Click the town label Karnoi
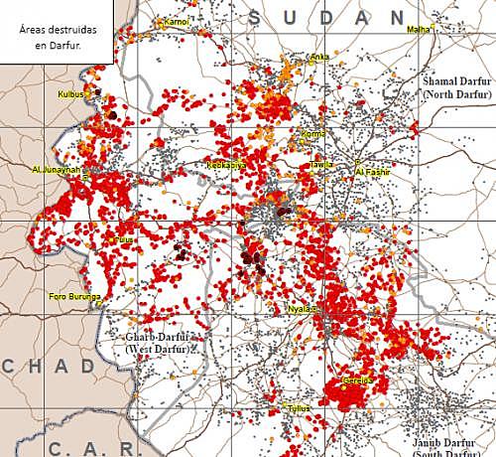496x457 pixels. pyautogui.click(x=177, y=21)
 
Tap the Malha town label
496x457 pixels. pyautogui.click(x=419, y=30)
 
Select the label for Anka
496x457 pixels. pyautogui.click(x=319, y=57)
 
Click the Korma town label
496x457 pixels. pyautogui.click(x=312, y=133)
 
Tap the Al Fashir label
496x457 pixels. pyautogui.click(x=373, y=172)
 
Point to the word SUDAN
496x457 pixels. pyautogui.click(x=327, y=17)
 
